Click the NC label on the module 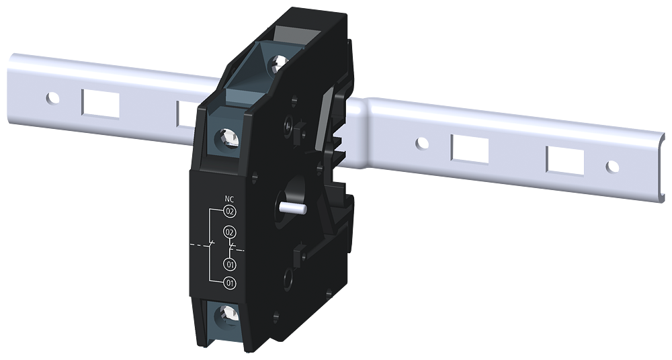229,199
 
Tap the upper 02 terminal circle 229,212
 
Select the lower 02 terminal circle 229,232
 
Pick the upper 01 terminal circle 229,264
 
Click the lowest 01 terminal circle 229,283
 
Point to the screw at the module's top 277,65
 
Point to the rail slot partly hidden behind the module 186,113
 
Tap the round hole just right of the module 421,143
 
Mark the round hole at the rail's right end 612,166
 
